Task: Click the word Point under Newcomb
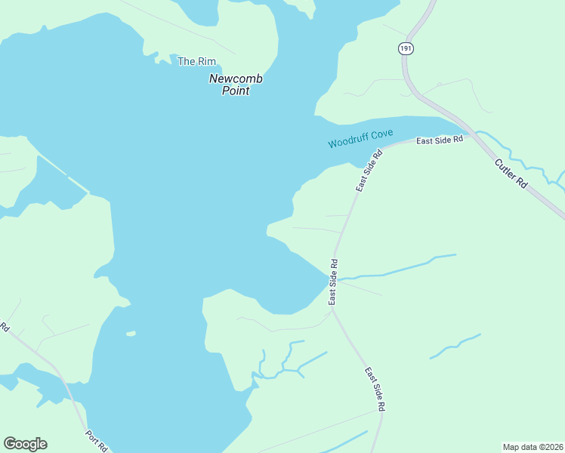click(235, 91)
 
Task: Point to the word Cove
click(382, 134)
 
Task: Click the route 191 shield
click(406, 48)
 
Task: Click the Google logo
click(25, 444)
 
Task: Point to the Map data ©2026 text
click(532, 446)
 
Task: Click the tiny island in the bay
click(131, 333)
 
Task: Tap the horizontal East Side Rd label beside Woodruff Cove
click(439, 141)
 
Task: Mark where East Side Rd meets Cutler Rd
click(473, 135)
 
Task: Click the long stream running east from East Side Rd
click(400, 268)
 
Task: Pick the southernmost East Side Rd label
click(375, 389)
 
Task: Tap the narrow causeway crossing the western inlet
click(65, 174)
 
